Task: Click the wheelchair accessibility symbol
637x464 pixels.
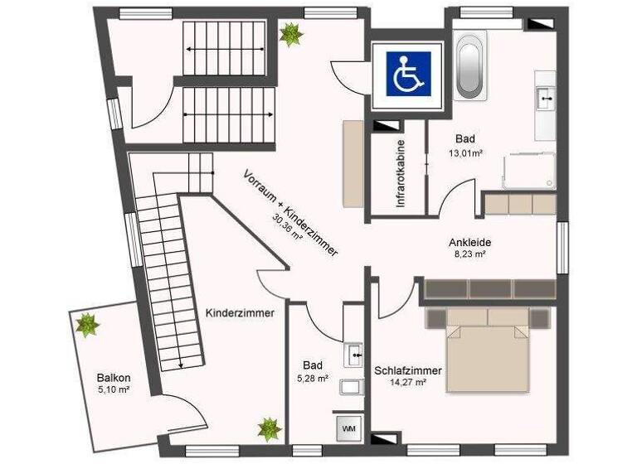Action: click(x=407, y=73)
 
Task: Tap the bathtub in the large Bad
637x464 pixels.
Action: click(x=469, y=63)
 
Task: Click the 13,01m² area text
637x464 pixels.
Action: click(x=468, y=153)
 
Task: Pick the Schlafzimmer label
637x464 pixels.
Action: click(x=407, y=370)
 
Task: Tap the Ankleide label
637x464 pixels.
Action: click(x=470, y=242)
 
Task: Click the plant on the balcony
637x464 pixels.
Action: click(x=86, y=324)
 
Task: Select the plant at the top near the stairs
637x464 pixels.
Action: click(x=290, y=35)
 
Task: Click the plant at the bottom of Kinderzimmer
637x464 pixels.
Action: click(x=269, y=428)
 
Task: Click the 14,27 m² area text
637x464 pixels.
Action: click(x=407, y=383)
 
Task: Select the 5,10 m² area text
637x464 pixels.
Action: click(x=113, y=389)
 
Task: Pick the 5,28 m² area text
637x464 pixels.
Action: click(x=313, y=379)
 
